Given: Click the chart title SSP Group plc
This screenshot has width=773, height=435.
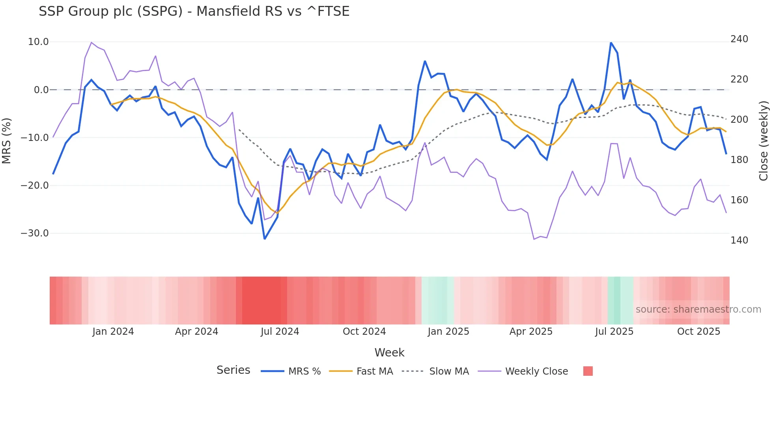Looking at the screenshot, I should click(194, 11).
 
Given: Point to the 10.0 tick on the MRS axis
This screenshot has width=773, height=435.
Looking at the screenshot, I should click(38, 42).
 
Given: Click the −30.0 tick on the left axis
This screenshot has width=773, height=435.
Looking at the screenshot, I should click(35, 233).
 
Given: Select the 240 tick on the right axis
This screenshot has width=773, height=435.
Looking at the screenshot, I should click(739, 39).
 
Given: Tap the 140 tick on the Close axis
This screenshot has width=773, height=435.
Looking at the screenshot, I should click(739, 240).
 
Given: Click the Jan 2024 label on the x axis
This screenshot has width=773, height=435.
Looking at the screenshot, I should click(113, 332).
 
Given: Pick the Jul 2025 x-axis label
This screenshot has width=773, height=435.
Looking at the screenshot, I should click(614, 332).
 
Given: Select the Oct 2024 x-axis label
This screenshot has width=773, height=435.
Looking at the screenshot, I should click(364, 332).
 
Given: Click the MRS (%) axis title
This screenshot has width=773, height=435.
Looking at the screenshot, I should click(7, 141).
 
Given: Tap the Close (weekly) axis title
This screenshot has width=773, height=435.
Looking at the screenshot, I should click(764, 141).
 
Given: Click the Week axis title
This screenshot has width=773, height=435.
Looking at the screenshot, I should click(389, 352).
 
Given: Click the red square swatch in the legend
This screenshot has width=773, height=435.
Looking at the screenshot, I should click(588, 371).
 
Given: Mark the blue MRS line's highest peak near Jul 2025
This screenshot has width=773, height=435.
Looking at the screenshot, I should click(611, 43).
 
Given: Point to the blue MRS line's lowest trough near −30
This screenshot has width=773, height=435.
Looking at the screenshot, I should click(265, 239).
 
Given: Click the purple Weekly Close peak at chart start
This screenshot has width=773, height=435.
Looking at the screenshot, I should click(91, 42).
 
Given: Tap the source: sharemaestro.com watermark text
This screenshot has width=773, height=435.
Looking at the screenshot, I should click(698, 309).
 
